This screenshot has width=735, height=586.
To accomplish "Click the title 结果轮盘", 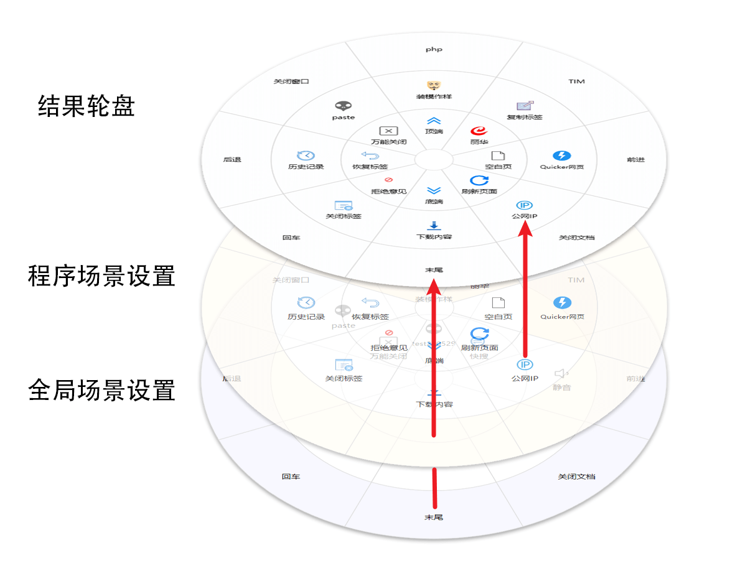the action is point(87,106).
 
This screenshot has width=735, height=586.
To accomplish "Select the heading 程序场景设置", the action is point(101,276).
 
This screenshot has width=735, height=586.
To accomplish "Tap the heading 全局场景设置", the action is point(101,391).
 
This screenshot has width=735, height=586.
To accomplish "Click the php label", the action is point(434,49).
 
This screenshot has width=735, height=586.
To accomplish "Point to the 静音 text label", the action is point(561,388).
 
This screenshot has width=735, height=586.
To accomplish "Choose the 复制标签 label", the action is point(525,117).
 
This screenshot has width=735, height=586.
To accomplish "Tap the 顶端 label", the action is point(434,131).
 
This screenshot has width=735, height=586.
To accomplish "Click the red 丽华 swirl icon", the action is point(479,131).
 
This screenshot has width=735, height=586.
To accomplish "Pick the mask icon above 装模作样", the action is point(434,85).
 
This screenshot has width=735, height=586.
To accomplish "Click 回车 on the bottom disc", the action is point(291,477).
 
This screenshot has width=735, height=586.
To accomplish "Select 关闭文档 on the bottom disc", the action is point(576,477).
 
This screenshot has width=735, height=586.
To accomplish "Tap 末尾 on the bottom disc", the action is point(434,517).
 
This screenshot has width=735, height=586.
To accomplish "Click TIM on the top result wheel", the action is point(576,81).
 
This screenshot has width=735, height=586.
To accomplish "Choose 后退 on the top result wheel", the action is point(232,160).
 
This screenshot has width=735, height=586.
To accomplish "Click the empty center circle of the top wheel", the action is point(434,159).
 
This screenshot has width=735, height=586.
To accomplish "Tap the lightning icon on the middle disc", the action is point(562,303).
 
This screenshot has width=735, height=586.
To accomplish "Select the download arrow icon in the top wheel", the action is point(434,226).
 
